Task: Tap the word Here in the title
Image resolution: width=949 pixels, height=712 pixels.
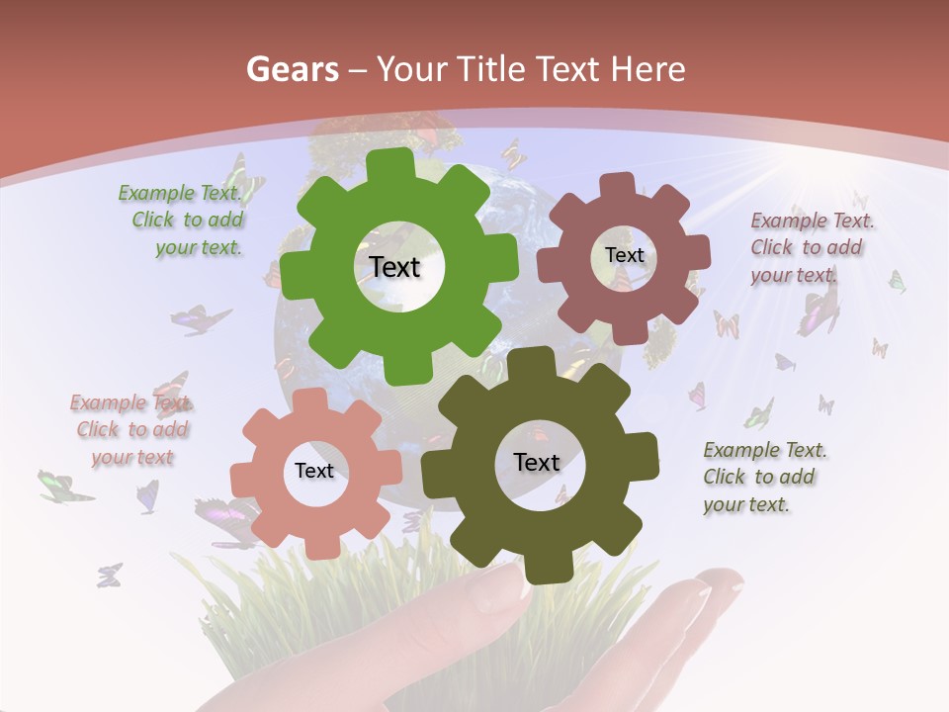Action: click(647, 69)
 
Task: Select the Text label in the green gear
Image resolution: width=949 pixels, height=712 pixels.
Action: click(394, 267)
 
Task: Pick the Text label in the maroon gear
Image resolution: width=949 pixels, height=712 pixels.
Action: click(624, 255)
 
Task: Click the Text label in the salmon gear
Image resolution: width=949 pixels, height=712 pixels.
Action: click(314, 471)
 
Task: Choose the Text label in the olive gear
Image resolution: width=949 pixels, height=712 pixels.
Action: click(537, 462)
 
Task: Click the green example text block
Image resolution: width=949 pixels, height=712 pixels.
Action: click(185, 221)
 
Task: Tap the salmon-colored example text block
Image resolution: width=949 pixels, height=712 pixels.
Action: click(131, 429)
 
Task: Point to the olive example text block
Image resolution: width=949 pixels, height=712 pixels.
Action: click(763, 477)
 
